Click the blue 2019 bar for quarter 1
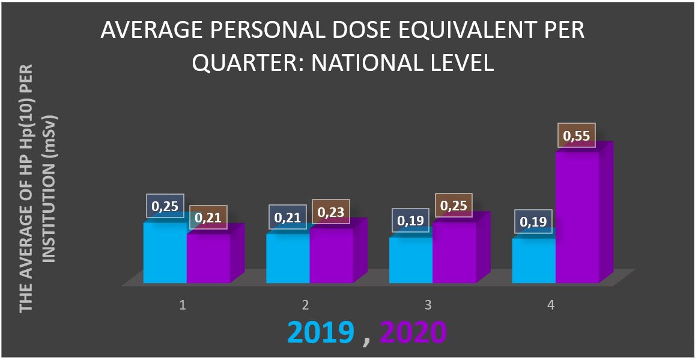coord(165,255)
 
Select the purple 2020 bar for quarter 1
coord(208,260)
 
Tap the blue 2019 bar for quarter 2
coord(288,260)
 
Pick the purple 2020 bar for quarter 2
coord(331,257)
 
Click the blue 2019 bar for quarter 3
coord(411,261)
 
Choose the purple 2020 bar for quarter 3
coord(454,254)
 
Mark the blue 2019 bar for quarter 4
coord(533,262)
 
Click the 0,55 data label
coord(576,136)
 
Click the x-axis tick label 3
coord(428,305)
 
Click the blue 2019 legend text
coord(319,332)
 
